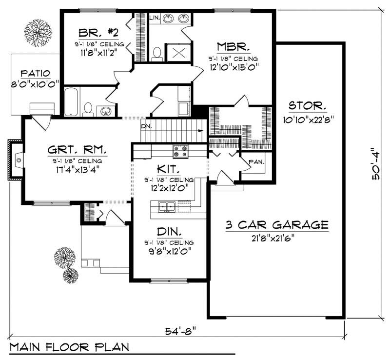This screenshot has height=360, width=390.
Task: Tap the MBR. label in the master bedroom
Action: [234, 47]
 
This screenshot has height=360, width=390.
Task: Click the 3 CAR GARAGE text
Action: [276, 225]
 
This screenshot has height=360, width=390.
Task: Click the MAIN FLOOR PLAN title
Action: [70, 347]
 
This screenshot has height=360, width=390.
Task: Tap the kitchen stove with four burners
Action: [179, 151]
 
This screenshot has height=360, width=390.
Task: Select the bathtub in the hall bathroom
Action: [71, 101]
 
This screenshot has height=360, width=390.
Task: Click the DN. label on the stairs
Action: [147, 126]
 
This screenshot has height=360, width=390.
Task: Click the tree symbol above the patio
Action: [35, 32]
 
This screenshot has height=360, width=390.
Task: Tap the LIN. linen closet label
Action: [155, 18]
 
